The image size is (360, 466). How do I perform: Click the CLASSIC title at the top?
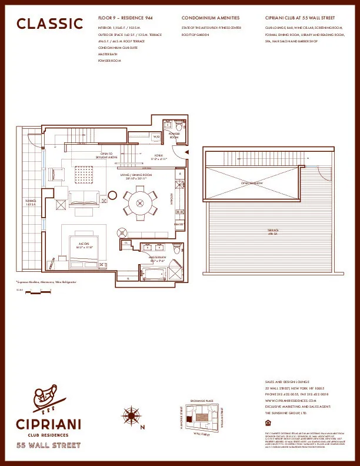(50, 24)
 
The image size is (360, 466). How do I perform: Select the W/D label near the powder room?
(156, 137)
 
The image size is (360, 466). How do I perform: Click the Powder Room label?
(174, 135)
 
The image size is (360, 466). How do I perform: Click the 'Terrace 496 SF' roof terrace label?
(273, 232)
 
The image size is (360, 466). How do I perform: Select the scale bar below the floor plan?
(39, 291)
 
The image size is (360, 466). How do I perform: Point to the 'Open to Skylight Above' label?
(108, 156)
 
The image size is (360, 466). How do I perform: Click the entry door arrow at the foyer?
(185, 152)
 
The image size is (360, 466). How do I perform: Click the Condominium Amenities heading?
(211, 19)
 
